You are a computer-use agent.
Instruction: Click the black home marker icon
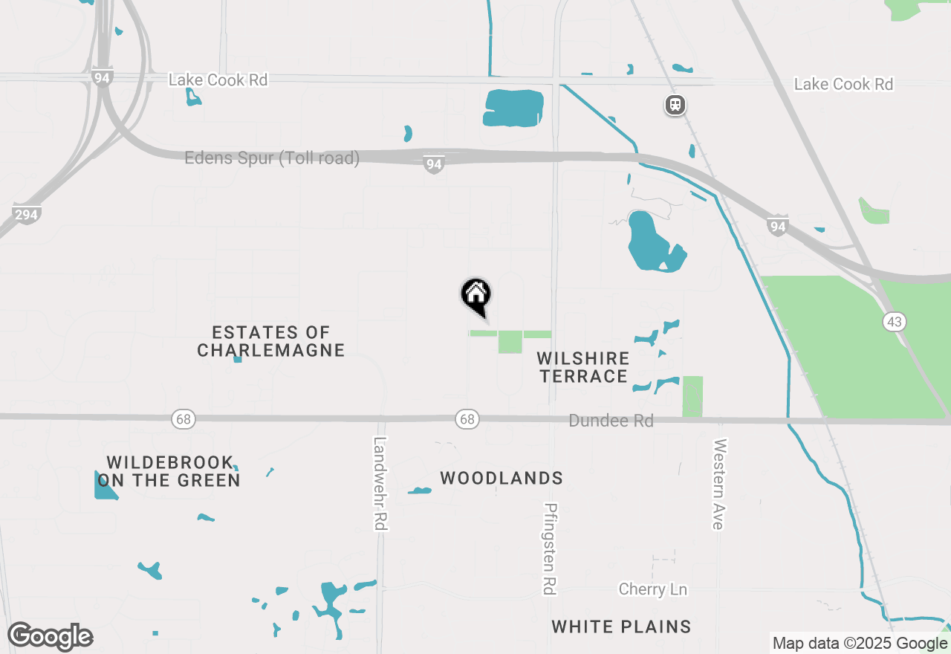coord(476,295)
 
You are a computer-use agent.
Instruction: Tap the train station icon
coord(675,105)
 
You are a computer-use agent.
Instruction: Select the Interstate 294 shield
coord(26,213)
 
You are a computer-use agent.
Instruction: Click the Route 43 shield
coord(895,321)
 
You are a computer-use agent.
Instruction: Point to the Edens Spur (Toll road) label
coord(272,158)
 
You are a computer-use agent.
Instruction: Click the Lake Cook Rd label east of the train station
coord(843,84)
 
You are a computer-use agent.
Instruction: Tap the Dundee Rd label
coord(611,421)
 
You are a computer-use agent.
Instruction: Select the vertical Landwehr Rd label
coord(380,483)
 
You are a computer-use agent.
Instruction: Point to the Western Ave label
coord(718,484)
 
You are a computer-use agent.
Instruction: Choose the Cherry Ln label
coord(653,589)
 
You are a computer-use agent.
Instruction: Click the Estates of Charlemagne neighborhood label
coord(270,341)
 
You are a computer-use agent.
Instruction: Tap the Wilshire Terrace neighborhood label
coord(584,367)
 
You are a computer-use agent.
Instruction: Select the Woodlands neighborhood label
coord(502,478)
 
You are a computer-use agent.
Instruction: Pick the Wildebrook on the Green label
coord(169,471)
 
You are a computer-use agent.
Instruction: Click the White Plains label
coord(621,627)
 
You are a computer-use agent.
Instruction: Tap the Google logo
coord(50,636)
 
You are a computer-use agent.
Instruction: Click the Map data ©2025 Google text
coord(860,644)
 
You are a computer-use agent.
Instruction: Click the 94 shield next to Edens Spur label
coord(434,164)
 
